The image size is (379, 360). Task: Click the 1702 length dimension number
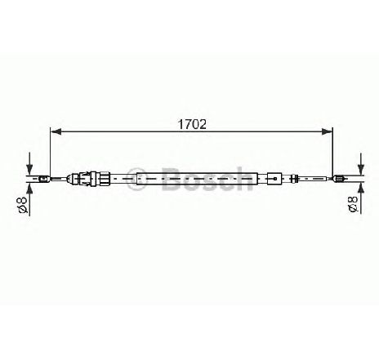click(192, 124)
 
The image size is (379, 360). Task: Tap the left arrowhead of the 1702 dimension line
click(56, 131)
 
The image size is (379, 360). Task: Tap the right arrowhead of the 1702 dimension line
click(327, 131)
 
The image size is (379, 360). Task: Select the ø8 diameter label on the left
click(23, 204)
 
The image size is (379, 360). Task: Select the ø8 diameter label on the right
click(353, 204)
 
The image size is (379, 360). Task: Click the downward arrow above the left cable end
click(29, 163)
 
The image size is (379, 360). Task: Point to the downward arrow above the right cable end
click(361, 163)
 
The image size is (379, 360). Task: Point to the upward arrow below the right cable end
click(361, 198)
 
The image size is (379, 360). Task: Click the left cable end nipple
click(43, 179)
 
